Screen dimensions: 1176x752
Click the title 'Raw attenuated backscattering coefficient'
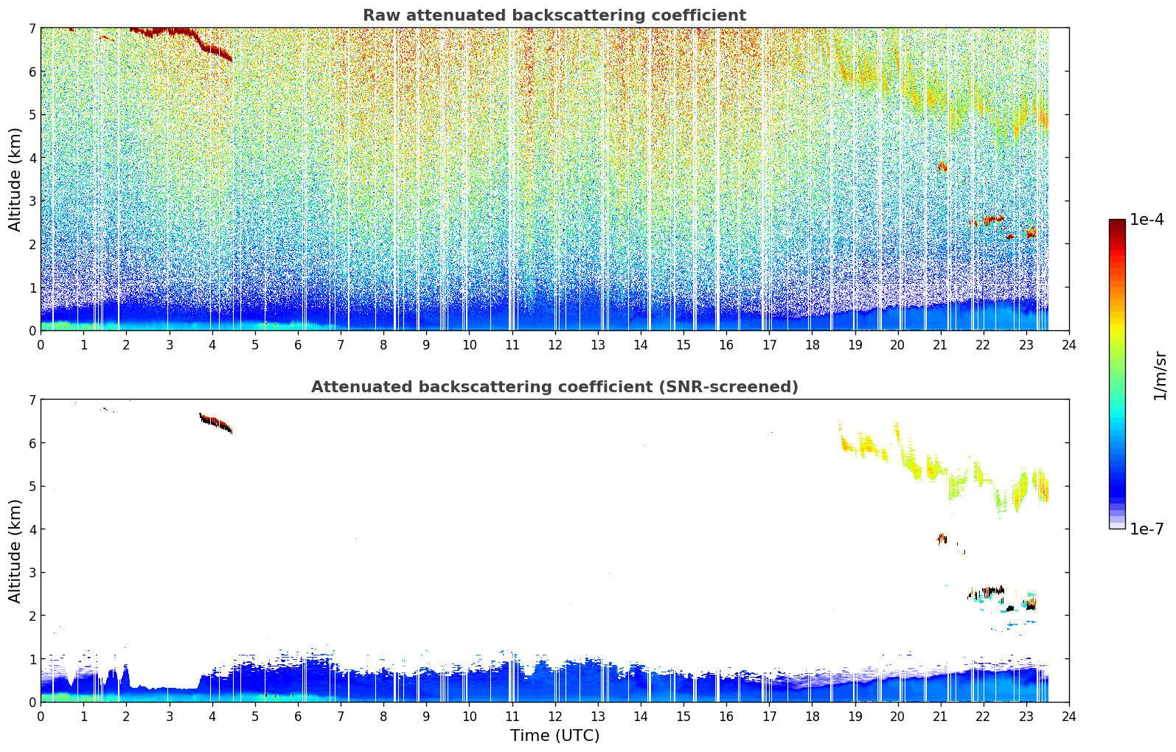coord(554,15)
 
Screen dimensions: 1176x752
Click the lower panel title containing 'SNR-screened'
coord(554,387)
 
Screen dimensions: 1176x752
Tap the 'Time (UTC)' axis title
coord(554,736)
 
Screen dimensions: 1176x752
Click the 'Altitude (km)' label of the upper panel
coord(15,180)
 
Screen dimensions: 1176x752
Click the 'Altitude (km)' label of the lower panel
coord(15,551)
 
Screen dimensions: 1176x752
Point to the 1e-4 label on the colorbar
coord(1147,220)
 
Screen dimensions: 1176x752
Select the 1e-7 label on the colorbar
coord(1147,529)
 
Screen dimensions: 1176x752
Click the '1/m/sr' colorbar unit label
coord(1160,377)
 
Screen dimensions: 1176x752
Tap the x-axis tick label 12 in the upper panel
coord(555,345)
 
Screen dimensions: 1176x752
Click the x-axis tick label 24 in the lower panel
coord(1069,717)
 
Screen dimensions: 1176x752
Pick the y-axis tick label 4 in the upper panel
coord(32,158)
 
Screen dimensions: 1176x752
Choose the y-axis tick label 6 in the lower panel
coord(32,443)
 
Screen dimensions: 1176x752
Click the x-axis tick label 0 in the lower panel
coord(41,717)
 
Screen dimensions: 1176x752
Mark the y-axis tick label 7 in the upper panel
coord(32,28)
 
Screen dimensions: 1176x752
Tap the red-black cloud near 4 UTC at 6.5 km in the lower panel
coord(215,422)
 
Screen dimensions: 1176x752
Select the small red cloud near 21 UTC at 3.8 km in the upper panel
coord(942,167)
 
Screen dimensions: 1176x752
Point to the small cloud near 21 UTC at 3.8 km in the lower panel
coord(942,539)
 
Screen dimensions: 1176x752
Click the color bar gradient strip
coord(1117,374)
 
